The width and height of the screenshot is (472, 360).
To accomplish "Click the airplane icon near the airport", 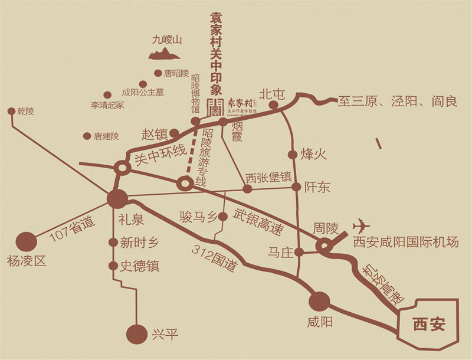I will click(362, 226).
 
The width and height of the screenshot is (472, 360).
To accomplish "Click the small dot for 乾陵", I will click(11, 111).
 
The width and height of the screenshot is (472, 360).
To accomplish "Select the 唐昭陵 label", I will click(176, 74).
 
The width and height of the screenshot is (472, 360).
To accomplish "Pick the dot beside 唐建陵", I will click(87, 136).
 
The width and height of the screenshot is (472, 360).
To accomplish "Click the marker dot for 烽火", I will click(293, 155).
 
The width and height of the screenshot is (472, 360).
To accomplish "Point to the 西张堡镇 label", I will click(268, 176).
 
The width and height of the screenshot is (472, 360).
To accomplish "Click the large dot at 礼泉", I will click(117, 199).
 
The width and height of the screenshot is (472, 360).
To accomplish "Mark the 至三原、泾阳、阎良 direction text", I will click(397, 102).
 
